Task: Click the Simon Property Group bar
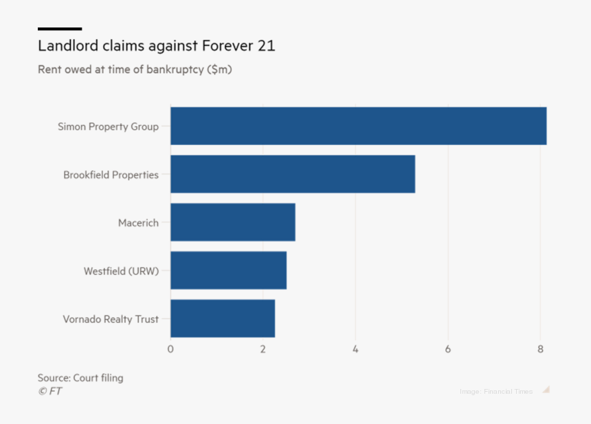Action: [358, 126]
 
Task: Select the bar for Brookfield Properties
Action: [293, 174]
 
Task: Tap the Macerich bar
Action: [233, 222]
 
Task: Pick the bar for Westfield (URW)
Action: [228, 270]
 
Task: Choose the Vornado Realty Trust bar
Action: [223, 318]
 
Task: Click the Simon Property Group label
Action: [108, 126]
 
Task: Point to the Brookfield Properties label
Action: [111, 175]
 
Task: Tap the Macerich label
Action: [138, 223]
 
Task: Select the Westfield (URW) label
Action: [121, 271]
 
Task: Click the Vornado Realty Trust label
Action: [111, 319]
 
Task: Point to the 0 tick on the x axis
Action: [170, 349]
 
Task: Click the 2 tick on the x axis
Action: [263, 349]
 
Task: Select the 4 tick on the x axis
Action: [355, 349]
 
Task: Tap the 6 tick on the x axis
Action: [448, 349]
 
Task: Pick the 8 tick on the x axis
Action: [541, 349]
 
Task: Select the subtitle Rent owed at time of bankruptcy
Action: [135, 69]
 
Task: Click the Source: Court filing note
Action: [80, 378]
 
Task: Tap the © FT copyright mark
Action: [49, 391]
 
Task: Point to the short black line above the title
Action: [60, 29]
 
